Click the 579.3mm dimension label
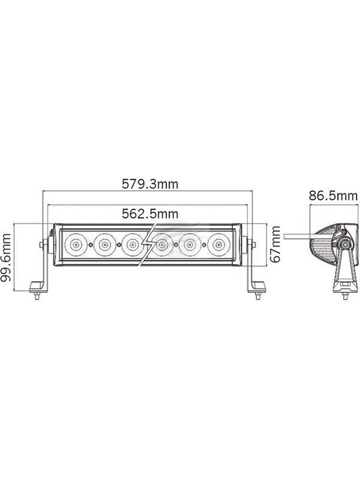tap(150, 184)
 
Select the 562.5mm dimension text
tap(150, 214)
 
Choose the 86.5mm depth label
tap(333, 196)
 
